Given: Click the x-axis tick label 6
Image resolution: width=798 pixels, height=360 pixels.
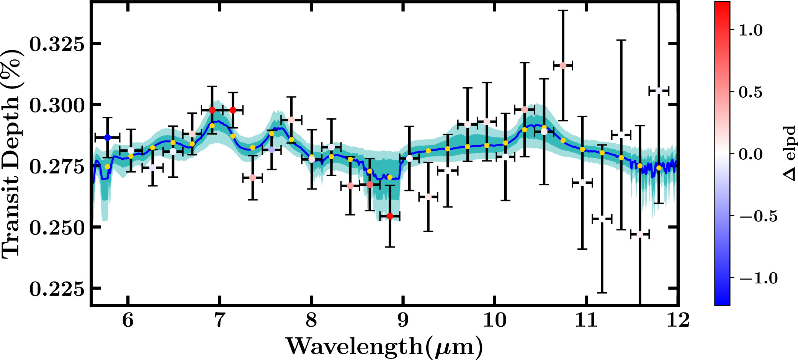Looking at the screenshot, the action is click(x=128, y=320).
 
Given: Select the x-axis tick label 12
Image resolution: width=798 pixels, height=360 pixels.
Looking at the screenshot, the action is click(x=678, y=320).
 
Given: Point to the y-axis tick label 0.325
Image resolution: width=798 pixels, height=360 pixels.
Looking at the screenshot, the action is click(x=57, y=44).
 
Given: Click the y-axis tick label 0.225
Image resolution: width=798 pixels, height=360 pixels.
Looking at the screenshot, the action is click(x=57, y=289).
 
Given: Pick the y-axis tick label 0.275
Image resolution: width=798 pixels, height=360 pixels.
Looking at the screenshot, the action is click(x=57, y=167).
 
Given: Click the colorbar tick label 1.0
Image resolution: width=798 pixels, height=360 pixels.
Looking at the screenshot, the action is click(x=751, y=30).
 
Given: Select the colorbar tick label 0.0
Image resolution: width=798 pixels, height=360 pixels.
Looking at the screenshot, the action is click(x=751, y=154).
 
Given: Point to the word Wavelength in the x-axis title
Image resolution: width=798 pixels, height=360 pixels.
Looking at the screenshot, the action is click(x=354, y=346).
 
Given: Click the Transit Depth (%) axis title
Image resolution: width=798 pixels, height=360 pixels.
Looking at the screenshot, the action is click(x=11, y=154).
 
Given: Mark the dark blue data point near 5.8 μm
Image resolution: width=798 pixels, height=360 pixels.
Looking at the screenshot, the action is click(x=108, y=137).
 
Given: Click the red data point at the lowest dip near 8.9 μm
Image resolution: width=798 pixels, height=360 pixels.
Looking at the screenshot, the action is click(x=390, y=216).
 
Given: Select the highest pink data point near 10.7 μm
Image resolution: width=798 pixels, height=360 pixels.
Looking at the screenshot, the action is click(x=563, y=65).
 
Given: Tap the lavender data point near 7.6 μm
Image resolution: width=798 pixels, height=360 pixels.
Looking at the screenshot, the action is click(x=271, y=150).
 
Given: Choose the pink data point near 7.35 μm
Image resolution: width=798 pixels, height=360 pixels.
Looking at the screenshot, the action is click(x=252, y=178).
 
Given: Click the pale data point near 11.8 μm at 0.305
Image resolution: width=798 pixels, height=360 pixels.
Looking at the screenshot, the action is click(x=659, y=91).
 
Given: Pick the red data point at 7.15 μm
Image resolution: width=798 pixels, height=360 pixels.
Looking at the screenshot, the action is click(x=232, y=110).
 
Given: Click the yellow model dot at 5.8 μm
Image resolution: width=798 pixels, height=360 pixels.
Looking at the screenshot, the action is click(x=108, y=167).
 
